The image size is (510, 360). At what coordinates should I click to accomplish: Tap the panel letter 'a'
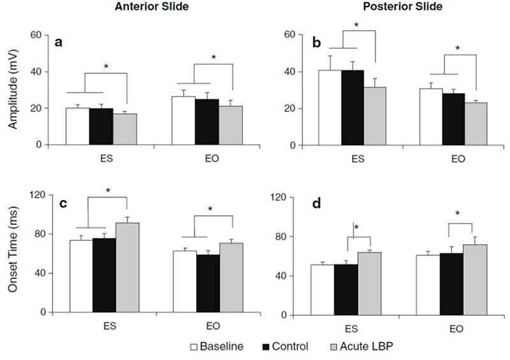[59, 43]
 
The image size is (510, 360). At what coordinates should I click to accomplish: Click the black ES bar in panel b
[352, 108]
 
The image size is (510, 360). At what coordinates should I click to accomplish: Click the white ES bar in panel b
[330, 108]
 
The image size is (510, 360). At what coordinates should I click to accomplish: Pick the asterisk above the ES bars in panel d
[356, 227]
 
